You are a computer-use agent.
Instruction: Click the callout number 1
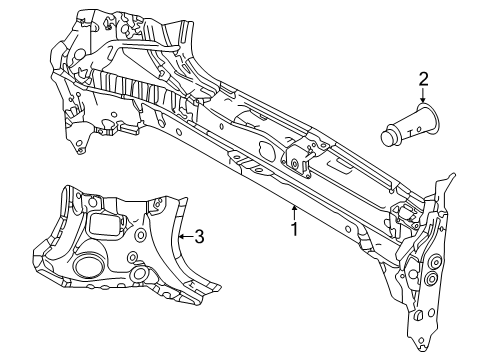(294, 229)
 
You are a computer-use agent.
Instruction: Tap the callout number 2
(423, 79)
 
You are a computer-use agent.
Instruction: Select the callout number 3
(199, 237)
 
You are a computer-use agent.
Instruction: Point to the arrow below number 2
(423, 95)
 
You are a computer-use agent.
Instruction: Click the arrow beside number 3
(186, 237)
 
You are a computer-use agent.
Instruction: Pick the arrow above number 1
(294, 212)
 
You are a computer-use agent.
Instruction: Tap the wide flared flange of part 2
(428, 120)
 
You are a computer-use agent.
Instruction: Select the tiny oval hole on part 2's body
(419, 128)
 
